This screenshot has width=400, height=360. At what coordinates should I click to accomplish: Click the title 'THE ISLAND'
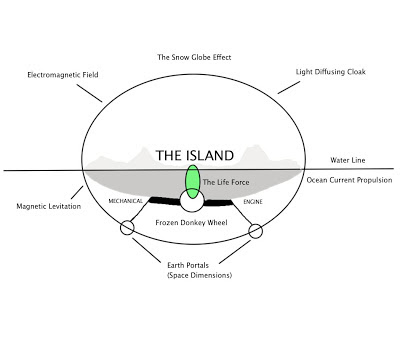tap(195, 156)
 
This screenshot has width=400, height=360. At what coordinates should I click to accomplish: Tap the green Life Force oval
tap(193, 182)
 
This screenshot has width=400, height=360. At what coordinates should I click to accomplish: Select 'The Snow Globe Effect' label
tap(194, 57)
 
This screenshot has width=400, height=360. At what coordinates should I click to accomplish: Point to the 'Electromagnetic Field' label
tap(63, 75)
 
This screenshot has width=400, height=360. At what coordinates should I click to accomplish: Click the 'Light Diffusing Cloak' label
tap(331, 72)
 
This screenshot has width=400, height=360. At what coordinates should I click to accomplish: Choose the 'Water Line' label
tap(348, 160)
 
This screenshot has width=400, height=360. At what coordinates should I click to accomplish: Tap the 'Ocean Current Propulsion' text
tap(349, 180)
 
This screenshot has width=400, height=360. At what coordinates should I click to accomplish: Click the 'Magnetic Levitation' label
tap(49, 206)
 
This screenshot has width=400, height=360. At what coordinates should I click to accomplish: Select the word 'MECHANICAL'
tap(125, 201)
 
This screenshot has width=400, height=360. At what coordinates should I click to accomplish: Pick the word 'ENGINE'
tap(253, 202)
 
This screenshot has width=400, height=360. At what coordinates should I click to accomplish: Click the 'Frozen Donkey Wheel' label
tap(191, 223)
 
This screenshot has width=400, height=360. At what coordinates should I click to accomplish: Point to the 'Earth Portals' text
tap(188, 266)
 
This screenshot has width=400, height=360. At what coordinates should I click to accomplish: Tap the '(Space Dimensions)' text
tap(199, 276)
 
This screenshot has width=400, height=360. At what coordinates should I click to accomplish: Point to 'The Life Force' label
tap(226, 182)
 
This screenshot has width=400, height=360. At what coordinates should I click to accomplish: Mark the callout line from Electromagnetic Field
tap(89, 93)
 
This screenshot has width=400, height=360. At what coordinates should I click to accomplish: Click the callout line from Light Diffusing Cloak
tap(289, 87)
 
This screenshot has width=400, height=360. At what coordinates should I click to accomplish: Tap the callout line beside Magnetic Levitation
tap(77, 193)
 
